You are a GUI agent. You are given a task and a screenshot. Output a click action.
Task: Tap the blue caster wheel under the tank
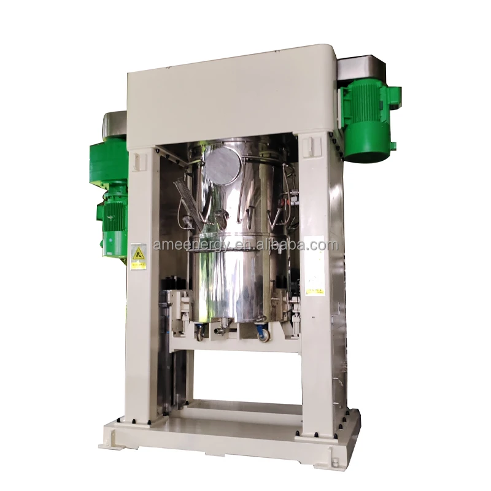pos(261,334)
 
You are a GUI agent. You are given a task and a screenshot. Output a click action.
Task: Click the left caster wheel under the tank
pos(201,335)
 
